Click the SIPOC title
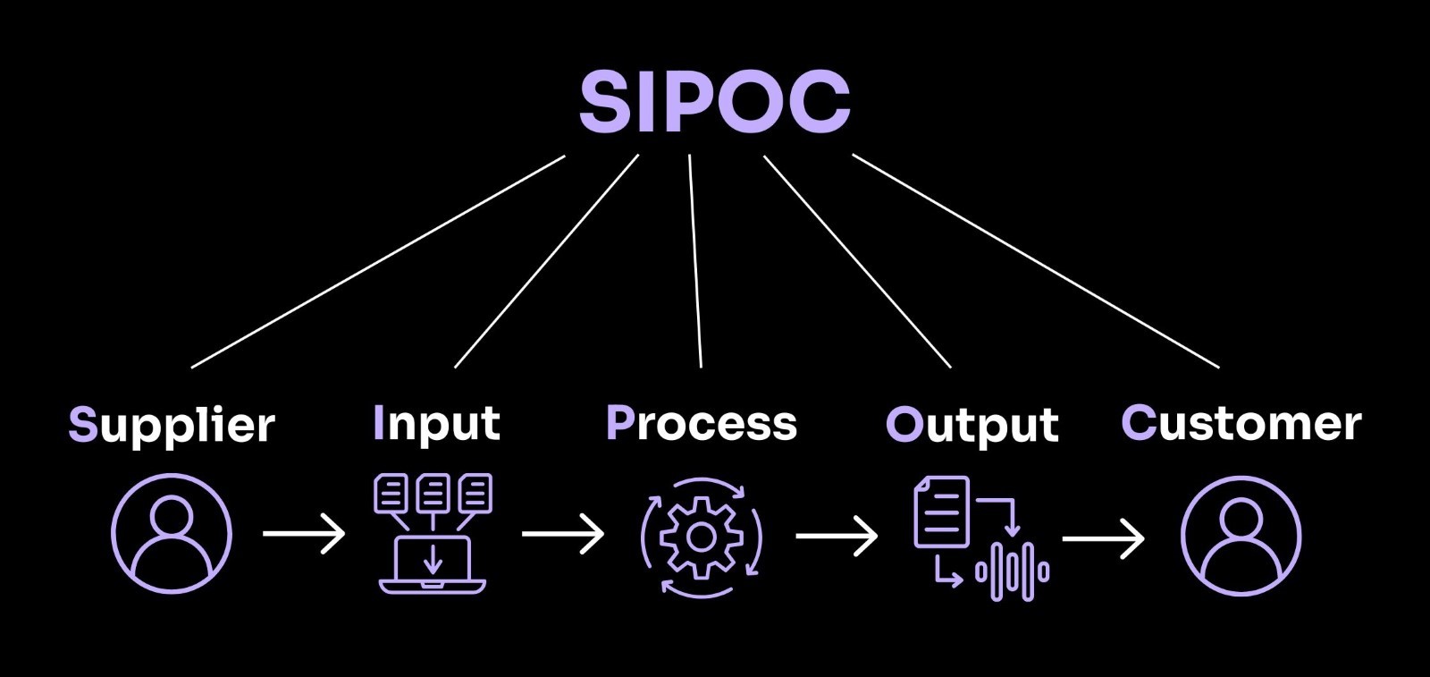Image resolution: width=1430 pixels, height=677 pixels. point(714,100)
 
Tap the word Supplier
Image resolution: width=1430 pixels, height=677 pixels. point(172,425)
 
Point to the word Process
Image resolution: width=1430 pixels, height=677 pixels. point(702,423)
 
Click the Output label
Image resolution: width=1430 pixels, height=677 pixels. point(972,425)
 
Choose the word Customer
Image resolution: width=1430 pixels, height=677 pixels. point(1241,423)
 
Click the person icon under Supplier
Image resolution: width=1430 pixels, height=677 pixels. point(172,534)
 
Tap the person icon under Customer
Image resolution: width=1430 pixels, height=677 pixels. point(1241,536)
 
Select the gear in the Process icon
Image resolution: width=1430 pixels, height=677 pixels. point(702,537)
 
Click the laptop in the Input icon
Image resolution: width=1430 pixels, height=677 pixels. point(433,563)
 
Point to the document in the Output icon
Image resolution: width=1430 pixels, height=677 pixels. point(941,512)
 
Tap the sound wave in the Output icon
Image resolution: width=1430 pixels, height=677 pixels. point(1012,570)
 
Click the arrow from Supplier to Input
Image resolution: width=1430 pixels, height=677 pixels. point(304,534)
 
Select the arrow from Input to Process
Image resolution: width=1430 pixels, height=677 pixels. point(563,535)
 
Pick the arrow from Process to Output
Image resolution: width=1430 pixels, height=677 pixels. point(837,536)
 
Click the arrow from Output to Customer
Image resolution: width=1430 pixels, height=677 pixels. point(1103,538)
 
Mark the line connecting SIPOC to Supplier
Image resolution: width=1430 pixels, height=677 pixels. point(378,261)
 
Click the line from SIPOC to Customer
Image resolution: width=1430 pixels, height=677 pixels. point(1035,260)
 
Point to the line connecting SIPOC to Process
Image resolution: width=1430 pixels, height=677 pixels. point(694,261)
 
